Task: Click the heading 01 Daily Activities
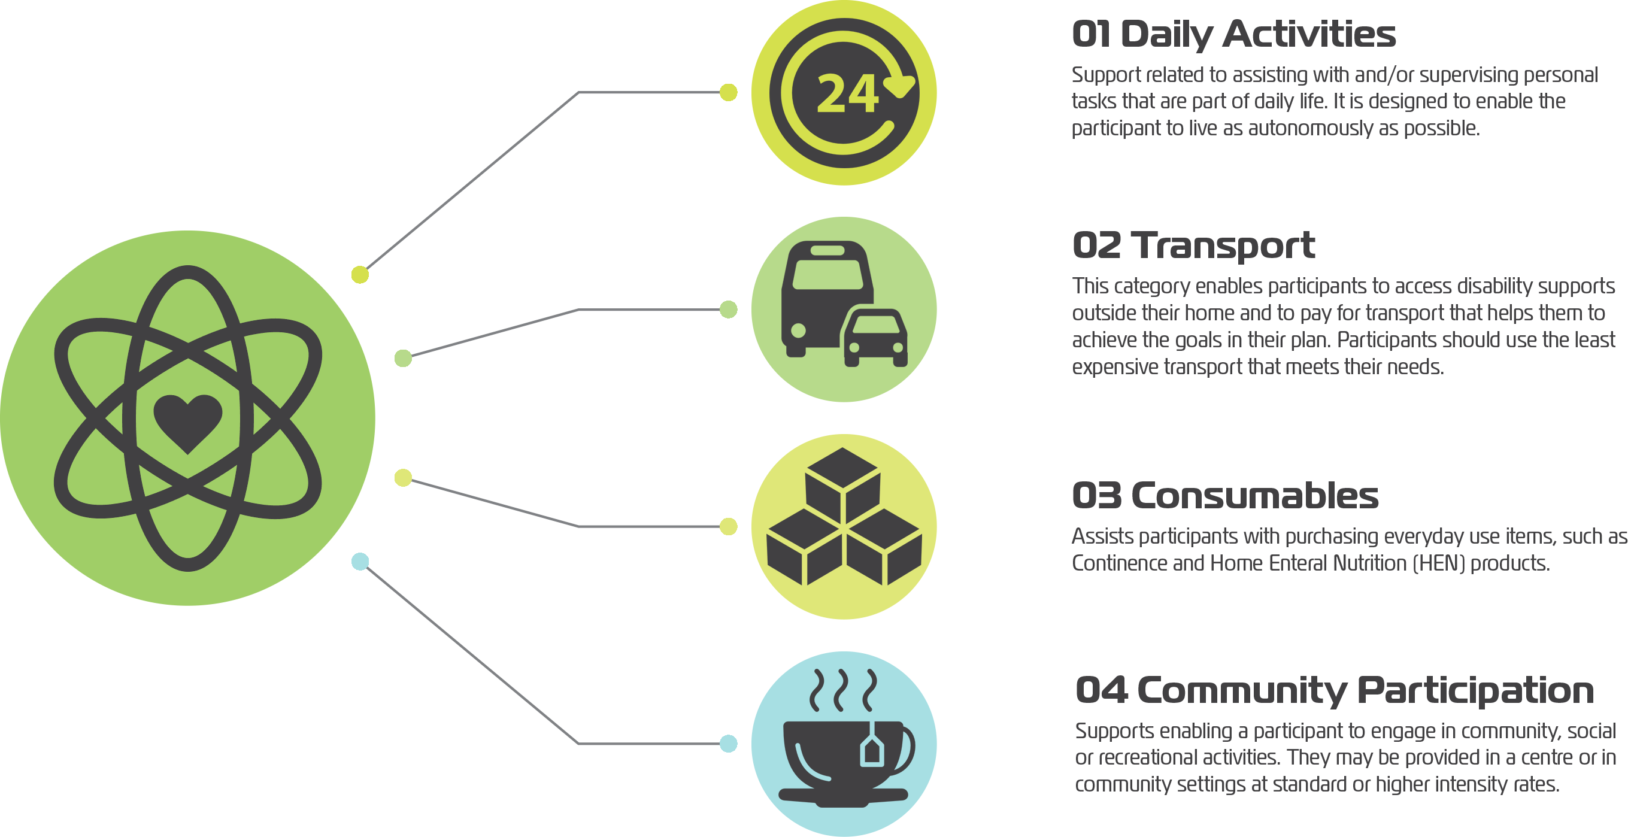tap(1234, 34)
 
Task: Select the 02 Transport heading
tap(1193, 245)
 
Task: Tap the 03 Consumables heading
tap(1225, 495)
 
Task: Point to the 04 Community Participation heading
tap(1335, 690)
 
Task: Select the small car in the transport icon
tap(875, 337)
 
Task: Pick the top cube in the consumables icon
tap(842, 485)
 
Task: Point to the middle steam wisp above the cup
tap(841, 690)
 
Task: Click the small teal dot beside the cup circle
tap(728, 743)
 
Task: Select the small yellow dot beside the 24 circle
tap(728, 93)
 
